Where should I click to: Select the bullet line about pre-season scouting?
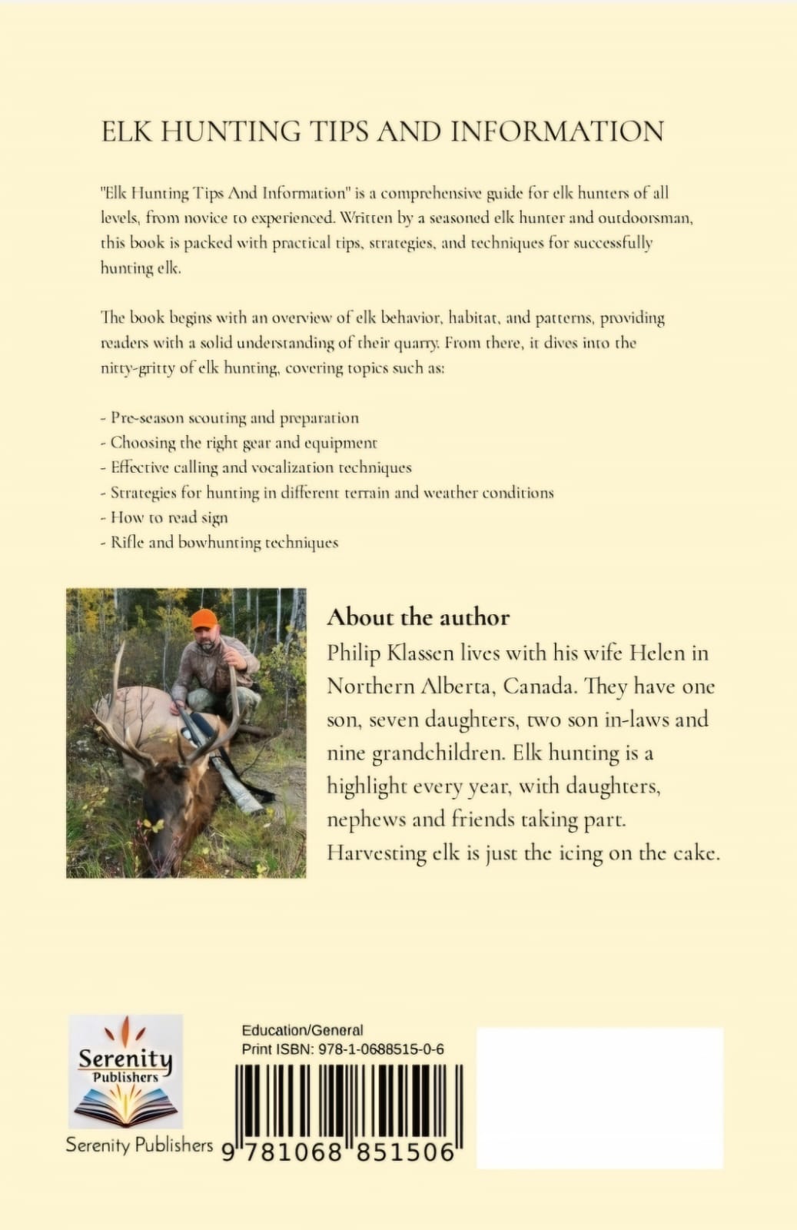click(230, 418)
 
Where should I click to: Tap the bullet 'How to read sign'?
click(164, 517)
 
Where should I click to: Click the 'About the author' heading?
click(418, 617)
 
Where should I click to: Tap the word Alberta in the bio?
click(462, 686)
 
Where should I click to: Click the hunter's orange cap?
click(204, 619)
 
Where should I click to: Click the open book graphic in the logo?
click(125, 1105)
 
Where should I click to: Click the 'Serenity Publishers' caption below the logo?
click(139, 1145)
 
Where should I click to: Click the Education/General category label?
click(302, 1030)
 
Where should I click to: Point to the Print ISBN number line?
click(343, 1049)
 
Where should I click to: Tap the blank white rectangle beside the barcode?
click(599, 1098)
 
